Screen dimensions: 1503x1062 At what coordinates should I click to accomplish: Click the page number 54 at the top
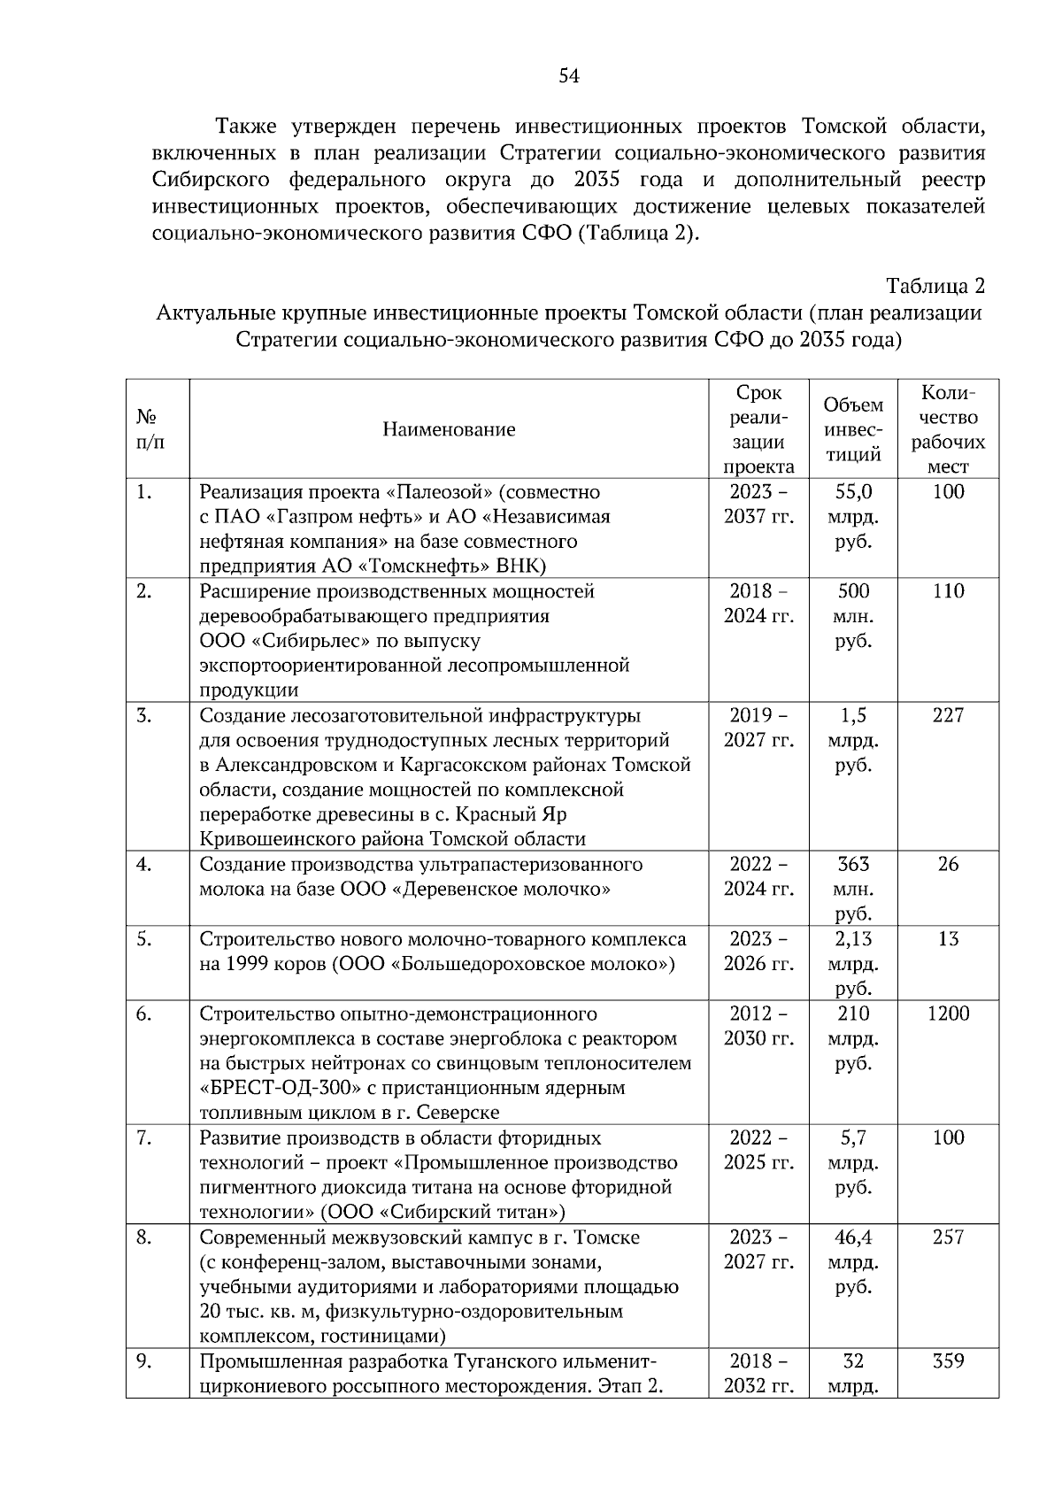click(569, 76)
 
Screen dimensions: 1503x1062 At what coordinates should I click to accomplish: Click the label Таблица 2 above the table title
click(935, 287)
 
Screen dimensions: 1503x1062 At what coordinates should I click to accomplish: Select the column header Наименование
click(449, 430)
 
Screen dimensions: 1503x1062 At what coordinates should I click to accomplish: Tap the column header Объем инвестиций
click(853, 430)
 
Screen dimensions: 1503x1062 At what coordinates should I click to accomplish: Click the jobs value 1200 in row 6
click(948, 1014)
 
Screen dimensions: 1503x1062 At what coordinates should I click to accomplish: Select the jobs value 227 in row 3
click(948, 715)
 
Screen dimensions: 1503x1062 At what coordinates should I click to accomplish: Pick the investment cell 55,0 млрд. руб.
click(853, 516)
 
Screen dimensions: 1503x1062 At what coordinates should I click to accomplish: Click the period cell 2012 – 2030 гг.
click(758, 1026)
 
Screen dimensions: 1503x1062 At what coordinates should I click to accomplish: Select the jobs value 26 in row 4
click(948, 864)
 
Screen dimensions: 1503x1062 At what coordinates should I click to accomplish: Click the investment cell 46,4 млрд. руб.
click(853, 1261)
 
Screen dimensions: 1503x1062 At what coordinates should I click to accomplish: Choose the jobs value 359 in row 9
click(948, 1361)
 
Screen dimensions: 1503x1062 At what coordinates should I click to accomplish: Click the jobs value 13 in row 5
click(948, 939)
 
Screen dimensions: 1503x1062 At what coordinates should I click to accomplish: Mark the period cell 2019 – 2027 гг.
click(758, 728)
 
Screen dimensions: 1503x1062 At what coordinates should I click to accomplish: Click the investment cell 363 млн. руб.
click(853, 888)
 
